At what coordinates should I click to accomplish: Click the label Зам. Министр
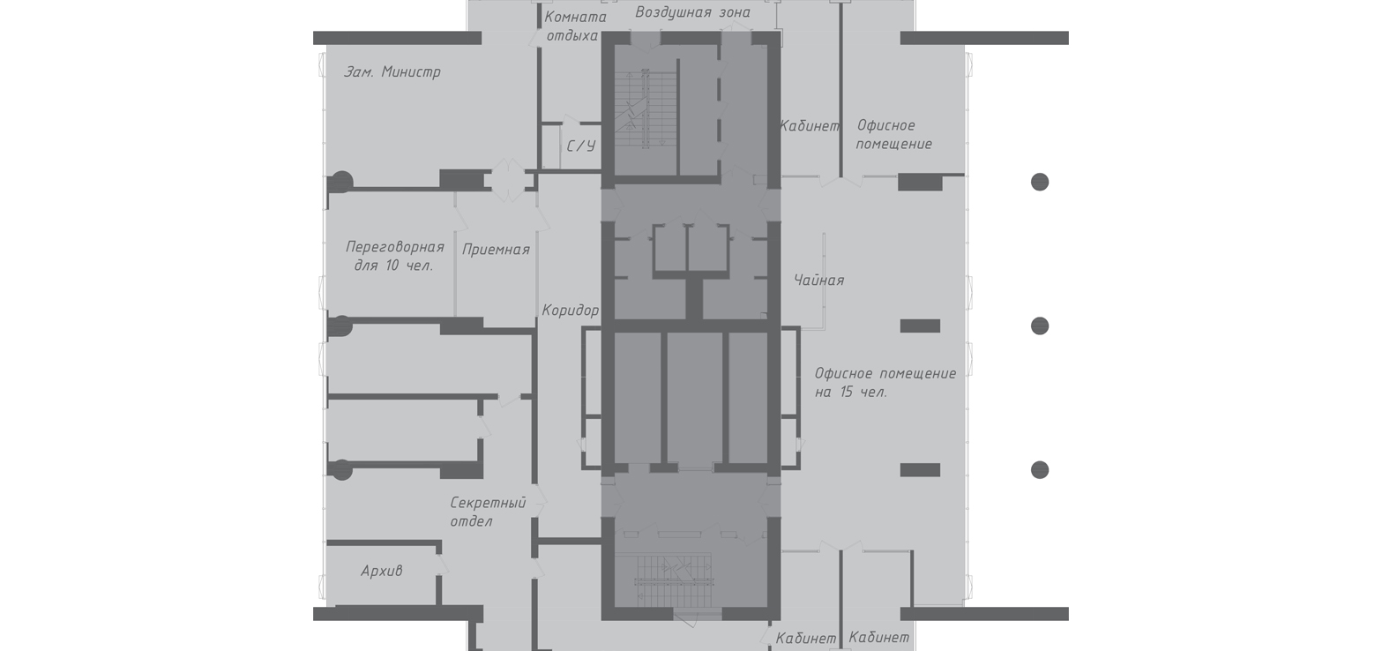392,72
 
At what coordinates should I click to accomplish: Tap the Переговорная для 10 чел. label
395,256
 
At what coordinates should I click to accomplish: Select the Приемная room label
496,250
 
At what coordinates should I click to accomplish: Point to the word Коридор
570,311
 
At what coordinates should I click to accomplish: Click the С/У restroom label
581,146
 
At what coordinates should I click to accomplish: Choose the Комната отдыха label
575,26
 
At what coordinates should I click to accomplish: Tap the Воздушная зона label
693,12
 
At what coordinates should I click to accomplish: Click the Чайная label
818,281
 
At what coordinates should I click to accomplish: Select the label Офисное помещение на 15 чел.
885,383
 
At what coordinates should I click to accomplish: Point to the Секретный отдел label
488,513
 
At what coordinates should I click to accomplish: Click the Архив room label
382,572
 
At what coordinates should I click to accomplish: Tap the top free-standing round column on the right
1040,182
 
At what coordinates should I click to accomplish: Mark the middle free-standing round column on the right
1040,325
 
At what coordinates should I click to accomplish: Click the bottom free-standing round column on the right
1040,469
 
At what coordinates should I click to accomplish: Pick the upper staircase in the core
646,108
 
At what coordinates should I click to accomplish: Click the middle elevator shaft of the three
695,398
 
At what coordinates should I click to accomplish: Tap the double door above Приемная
508,180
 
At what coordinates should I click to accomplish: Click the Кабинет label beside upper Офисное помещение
810,126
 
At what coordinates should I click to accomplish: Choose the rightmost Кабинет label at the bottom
879,638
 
